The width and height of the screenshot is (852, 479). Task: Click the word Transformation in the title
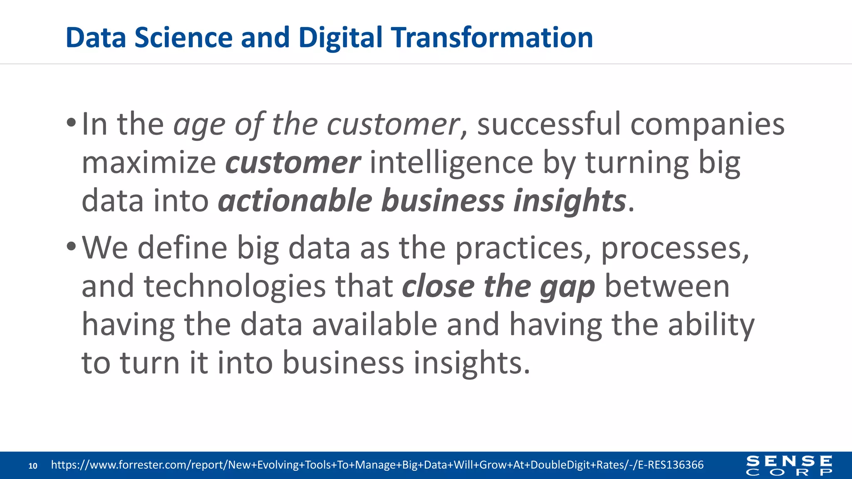(x=493, y=37)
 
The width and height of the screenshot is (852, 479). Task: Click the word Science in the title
(x=183, y=37)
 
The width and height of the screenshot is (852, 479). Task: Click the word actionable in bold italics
(x=295, y=201)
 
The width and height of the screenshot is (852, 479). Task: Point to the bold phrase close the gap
(x=498, y=286)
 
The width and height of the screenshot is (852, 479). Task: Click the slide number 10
(x=33, y=466)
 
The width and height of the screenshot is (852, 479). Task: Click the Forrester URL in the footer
(x=377, y=465)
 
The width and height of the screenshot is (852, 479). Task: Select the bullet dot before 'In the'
(x=71, y=123)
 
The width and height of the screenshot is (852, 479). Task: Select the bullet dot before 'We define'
(x=71, y=247)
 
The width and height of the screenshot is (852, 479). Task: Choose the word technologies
(x=235, y=286)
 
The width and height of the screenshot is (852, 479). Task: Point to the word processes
(x=674, y=248)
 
